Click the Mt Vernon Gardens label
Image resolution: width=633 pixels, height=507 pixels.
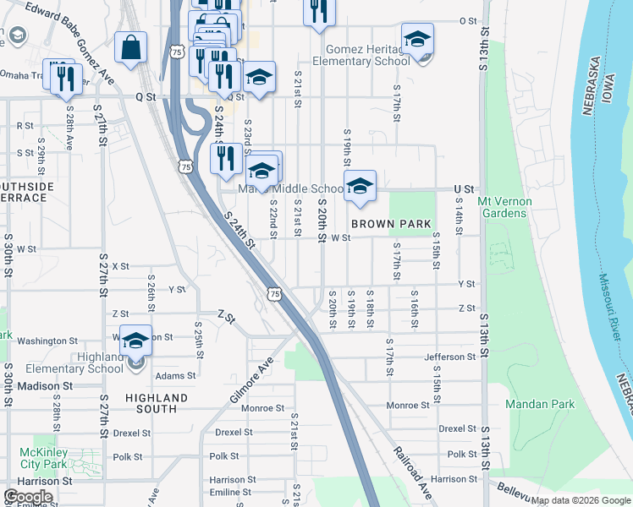tap(502, 207)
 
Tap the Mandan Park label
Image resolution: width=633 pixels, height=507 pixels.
tap(540, 405)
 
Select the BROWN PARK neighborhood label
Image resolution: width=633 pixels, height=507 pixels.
tap(385, 224)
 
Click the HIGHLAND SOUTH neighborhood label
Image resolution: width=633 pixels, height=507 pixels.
tap(157, 403)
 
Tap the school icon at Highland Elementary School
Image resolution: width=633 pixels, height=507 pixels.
tap(135, 341)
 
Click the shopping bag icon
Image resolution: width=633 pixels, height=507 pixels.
tap(131, 49)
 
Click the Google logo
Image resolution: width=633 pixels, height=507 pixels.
tap(28, 496)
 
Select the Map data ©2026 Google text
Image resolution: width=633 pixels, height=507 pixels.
tap(581, 500)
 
